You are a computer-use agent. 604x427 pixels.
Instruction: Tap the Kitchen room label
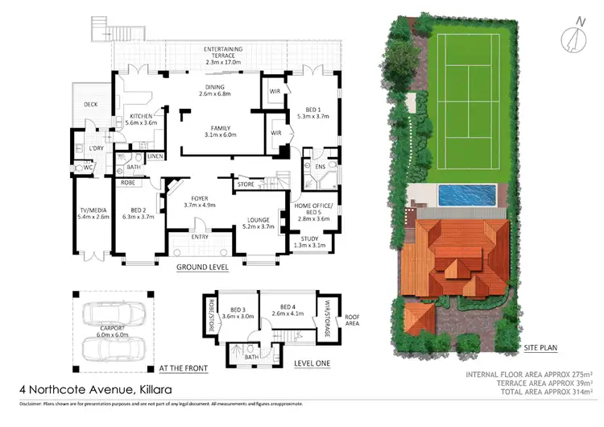coord(146,120)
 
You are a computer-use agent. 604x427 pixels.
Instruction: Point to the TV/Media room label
coord(92,213)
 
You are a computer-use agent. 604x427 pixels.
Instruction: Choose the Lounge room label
coord(258,223)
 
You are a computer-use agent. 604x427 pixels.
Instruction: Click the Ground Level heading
coord(202,267)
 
